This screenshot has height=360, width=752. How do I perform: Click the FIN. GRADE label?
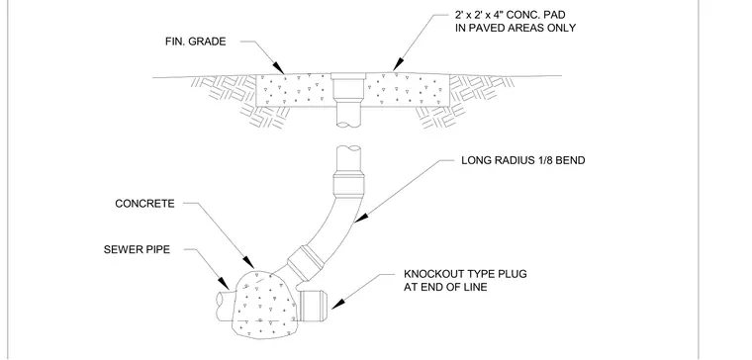pos(195,42)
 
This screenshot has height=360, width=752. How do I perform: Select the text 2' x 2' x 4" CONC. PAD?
pos(510,16)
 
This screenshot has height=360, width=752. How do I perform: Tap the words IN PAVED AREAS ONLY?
pos(516,28)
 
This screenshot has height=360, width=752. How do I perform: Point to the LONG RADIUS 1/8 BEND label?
pos(522,160)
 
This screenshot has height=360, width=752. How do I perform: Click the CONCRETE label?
pos(144,204)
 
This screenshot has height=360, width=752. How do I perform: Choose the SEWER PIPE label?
pos(137,250)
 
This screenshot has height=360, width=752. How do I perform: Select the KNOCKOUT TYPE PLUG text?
pos(465,274)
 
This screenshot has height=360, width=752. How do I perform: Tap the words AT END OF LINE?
pos(445,287)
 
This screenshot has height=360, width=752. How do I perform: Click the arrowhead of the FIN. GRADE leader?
pos(278,68)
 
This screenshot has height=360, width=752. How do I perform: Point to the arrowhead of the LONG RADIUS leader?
pos(360,219)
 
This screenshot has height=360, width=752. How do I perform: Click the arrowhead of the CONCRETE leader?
pos(248,262)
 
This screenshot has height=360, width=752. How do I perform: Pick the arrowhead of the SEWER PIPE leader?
pos(224,283)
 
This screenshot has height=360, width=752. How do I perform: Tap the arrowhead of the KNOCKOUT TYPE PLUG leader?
pos(338,304)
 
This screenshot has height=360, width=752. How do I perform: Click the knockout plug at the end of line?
pos(313,306)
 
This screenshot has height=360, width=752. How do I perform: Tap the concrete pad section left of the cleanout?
pos(294,90)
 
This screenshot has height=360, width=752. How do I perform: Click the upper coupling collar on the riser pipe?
pos(348,185)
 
